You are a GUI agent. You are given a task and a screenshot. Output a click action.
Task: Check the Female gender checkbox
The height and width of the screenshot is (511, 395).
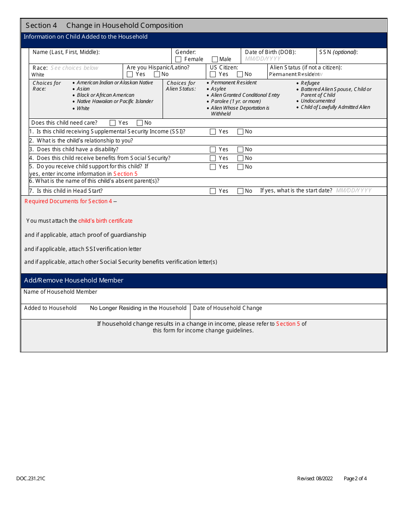click(x=178, y=59)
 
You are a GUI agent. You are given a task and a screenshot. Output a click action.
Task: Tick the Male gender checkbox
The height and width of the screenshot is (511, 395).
click(x=215, y=59)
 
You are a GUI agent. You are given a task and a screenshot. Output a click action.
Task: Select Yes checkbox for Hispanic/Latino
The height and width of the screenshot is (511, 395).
click(x=130, y=74)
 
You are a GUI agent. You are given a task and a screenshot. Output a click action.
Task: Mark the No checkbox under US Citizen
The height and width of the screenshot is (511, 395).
click(x=240, y=74)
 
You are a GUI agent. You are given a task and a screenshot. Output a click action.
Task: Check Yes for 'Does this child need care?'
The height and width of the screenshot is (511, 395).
click(x=113, y=123)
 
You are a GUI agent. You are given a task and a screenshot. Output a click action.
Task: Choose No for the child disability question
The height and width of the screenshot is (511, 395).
click(x=240, y=150)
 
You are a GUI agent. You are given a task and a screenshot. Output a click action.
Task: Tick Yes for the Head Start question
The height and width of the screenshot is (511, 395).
click(x=213, y=191)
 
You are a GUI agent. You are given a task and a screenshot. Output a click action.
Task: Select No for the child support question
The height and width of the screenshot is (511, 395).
click(x=240, y=167)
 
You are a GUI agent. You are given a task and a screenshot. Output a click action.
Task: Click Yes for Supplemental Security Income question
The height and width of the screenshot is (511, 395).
click(x=213, y=132)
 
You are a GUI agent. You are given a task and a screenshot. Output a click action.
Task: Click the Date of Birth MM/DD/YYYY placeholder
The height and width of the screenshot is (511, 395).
click(x=263, y=59)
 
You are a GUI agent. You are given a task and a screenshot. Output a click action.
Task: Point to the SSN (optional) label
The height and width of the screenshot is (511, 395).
click(x=338, y=52)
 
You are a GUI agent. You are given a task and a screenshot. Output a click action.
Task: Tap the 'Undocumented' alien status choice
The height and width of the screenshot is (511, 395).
click(x=318, y=101)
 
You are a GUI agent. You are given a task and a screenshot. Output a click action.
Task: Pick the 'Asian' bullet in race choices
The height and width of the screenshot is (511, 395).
click(x=83, y=89)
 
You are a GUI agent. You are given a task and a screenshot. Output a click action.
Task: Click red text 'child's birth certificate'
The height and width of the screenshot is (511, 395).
click(x=106, y=221)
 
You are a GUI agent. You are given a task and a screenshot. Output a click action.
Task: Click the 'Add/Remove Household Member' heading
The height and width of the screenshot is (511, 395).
click(x=74, y=280)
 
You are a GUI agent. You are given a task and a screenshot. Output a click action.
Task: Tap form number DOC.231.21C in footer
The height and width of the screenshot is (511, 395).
click(x=31, y=479)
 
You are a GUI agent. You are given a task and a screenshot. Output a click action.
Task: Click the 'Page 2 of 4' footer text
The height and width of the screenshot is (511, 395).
click(x=355, y=479)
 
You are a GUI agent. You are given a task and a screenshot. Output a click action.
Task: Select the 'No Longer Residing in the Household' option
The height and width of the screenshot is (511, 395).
click(x=138, y=308)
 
